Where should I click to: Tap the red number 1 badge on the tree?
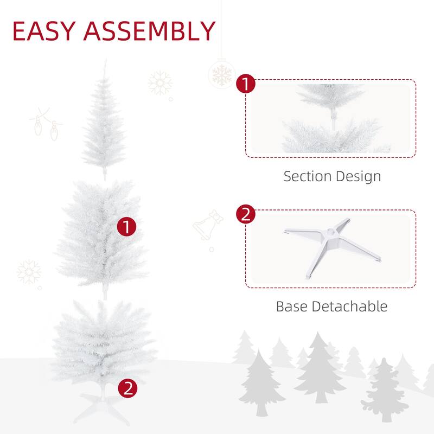[127, 227]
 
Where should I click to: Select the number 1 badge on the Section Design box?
[246, 85]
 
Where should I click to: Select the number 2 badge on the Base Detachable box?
[246, 215]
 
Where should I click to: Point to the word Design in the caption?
[357, 177]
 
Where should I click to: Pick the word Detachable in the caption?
[350, 306]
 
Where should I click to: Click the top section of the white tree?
[104, 125]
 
